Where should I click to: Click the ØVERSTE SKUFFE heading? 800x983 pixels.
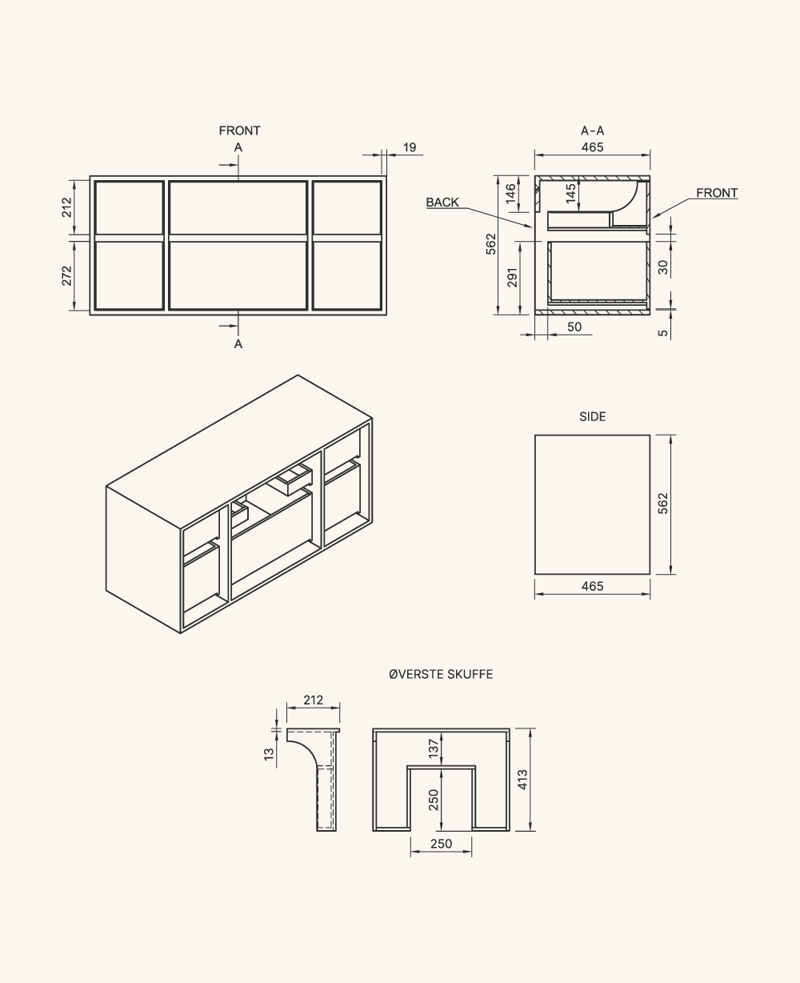(441, 674)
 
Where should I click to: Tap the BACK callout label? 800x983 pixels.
(442, 203)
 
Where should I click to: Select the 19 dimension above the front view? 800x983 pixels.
(410, 147)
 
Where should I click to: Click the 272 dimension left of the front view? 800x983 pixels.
(67, 275)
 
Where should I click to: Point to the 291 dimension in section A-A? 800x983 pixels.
(512, 277)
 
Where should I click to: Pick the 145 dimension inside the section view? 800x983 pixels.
(570, 194)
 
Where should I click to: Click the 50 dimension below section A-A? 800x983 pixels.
(574, 327)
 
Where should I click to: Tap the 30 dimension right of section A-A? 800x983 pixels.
(662, 267)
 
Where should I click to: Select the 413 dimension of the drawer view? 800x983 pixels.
(522, 780)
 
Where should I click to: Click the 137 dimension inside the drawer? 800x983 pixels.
(433, 748)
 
